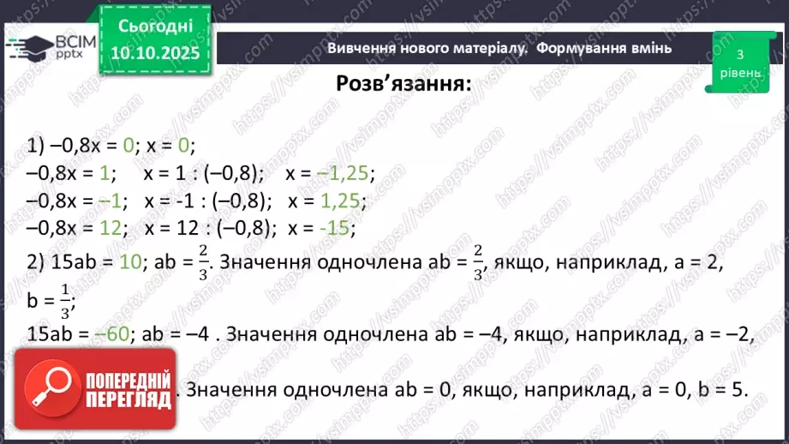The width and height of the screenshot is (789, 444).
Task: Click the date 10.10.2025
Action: click(154, 54)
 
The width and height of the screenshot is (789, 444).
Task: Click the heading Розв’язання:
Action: click(403, 84)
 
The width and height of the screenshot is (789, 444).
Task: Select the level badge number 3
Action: click(739, 54)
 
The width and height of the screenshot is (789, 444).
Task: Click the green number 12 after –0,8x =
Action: click(113, 229)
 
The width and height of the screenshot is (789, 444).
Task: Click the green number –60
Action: click(115, 335)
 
